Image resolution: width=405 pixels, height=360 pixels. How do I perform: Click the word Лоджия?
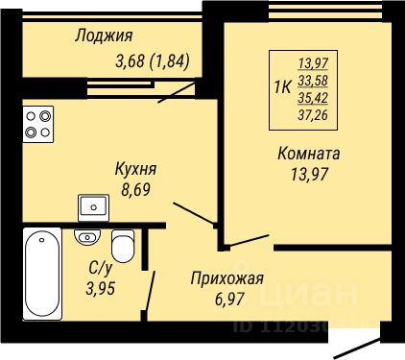(x=104, y=36)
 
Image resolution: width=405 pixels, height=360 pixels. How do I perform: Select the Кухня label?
(x=135, y=169)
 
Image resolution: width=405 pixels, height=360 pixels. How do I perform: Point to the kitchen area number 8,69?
(x=135, y=189)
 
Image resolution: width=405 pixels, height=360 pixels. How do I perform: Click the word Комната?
(x=309, y=154)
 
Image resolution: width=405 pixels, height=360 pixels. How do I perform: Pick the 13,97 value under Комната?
(x=309, y=175)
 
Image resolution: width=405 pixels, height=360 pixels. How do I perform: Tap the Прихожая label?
(x=226, y=278)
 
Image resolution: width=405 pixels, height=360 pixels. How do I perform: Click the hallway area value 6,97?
(x=230, y=300)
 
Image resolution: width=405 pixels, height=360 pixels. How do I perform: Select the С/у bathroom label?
(x=101, y=268)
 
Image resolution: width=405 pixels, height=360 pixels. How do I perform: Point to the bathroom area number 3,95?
(x=101, y=289)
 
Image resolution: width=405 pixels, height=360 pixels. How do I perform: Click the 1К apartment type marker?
(x=282, y=87)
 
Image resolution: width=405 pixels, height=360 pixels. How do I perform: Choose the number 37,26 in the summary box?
(x=313, y=114)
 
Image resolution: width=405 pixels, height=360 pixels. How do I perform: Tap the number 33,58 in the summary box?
(x=313, y=81)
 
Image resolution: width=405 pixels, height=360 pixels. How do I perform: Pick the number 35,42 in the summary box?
(x=313, y=98)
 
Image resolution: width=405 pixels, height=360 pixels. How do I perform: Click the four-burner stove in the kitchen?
(x=38, y=124)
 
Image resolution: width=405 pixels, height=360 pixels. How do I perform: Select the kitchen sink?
(x=94, y=207)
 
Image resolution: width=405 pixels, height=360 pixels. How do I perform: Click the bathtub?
(x=42, y=274)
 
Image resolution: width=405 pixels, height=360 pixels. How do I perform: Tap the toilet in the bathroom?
(x=123, y=246)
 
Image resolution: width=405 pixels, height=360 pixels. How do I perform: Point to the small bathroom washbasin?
(x=87, y=237)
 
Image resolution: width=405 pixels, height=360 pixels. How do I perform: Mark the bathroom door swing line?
(x=150, y=291)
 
